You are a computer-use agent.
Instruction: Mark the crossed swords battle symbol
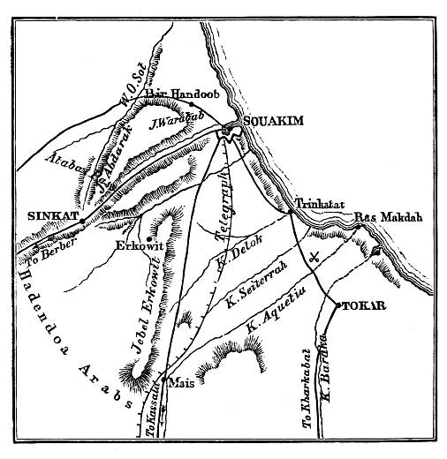coord(314,258)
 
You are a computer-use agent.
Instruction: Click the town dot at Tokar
coord(338,305)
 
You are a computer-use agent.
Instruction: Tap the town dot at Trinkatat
coord(291,211)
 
